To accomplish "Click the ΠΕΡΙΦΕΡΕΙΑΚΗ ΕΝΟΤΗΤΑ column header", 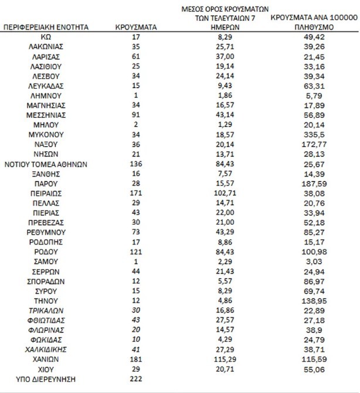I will click(x=46, y=27).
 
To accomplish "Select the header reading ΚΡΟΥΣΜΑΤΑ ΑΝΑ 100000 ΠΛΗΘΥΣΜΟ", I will click(x=314, y=22).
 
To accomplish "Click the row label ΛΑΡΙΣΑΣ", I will click(x=46, y=56).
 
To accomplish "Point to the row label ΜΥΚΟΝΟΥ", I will click(x=46, y=134).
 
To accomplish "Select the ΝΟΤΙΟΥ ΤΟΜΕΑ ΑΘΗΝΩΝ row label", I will click(x=46, y=164).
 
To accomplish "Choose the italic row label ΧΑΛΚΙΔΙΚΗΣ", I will click(x=46, y=348).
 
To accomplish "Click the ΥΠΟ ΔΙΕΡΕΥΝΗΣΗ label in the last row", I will click(x=46, y=378).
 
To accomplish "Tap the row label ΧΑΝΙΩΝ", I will click(x=46, y=358).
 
